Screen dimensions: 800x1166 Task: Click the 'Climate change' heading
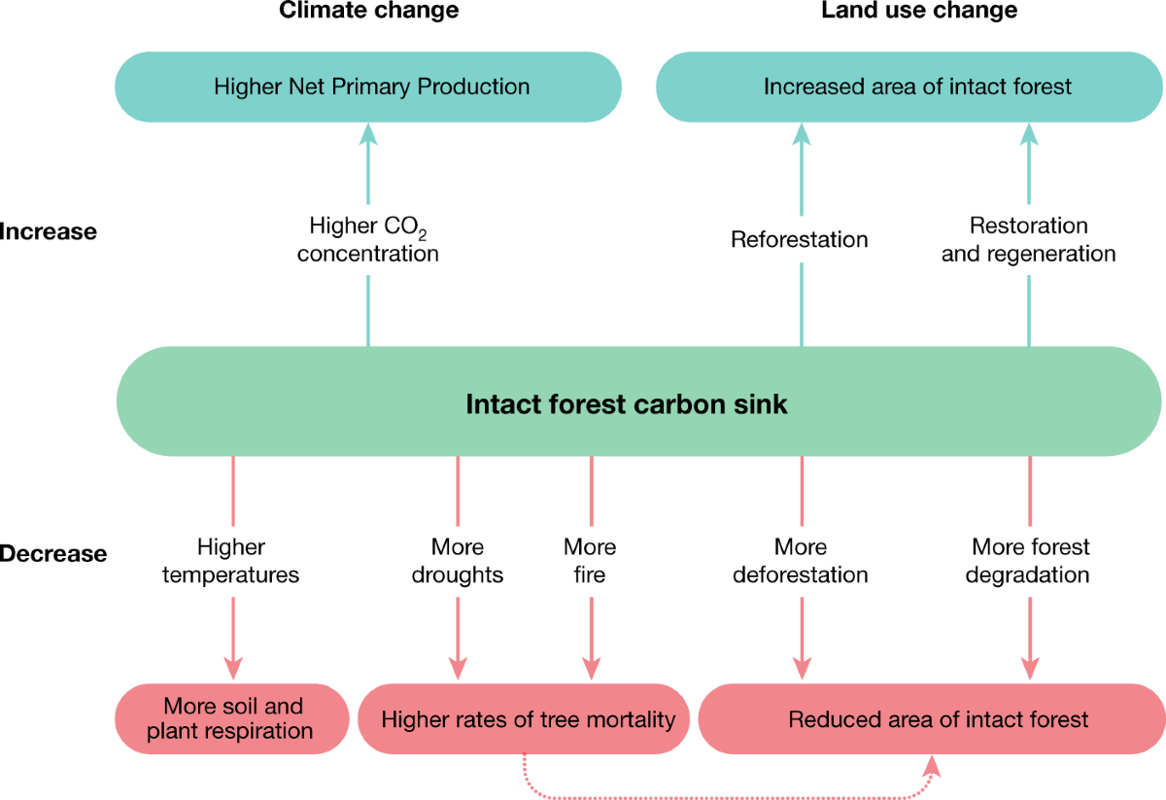(x=368, y=12)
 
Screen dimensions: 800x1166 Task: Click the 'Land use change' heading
(x=919, y=12)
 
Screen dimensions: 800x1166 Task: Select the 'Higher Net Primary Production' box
(x=371, y=87)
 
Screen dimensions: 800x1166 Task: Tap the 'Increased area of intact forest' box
(x=916, y=87)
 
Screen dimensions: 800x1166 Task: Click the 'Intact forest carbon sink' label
(x=627, y=403)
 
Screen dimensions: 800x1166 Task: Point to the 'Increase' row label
(x=49, y=231)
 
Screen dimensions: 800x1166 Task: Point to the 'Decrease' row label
(x=53, y=554)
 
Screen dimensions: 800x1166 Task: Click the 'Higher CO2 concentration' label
(x=367, y=240)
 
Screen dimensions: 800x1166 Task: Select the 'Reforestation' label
(x=800, y=239)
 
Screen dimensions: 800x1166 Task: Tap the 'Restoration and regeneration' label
(x=1028, y=240)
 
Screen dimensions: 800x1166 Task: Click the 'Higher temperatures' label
(x=231, y=561)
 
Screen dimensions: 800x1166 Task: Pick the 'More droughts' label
(x=457, y=561)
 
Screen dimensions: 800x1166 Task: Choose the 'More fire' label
(x=590, y=561)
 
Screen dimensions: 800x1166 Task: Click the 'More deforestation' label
(x=800, y=561)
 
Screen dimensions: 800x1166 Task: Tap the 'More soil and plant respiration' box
(x=232, y=719)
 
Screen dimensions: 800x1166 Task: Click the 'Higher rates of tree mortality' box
(x=528, y=720)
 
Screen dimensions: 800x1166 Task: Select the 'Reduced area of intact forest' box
(x=938, y=720)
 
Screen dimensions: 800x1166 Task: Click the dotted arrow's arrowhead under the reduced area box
(x=933, y=765)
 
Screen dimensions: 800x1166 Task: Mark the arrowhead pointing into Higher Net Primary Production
(x=367, y=134)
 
